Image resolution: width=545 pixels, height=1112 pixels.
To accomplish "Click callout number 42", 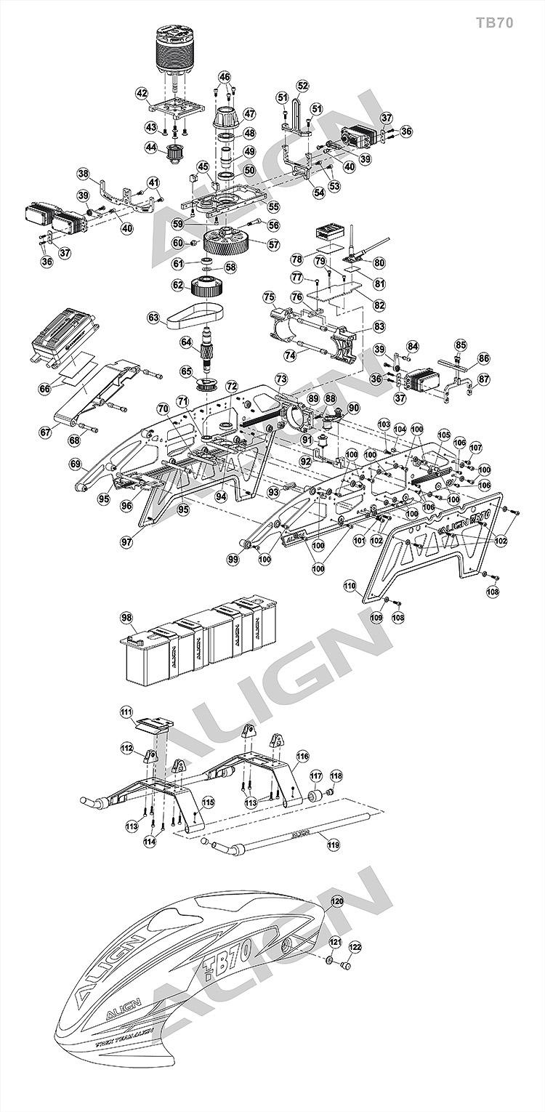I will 142,93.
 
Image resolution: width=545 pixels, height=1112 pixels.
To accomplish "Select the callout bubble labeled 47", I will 249,113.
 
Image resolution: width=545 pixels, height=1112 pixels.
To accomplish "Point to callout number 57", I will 273,245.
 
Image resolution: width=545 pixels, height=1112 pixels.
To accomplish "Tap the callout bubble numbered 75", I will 269,297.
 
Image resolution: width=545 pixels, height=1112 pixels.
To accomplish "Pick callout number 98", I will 127,617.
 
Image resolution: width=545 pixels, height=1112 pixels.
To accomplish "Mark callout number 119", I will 334,844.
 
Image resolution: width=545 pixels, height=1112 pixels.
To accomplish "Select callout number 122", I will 355,947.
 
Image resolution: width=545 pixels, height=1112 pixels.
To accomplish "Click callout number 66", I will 46,389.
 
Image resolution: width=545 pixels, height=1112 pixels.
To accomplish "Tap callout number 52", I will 303,86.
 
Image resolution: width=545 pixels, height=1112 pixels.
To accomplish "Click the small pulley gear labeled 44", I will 174,155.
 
